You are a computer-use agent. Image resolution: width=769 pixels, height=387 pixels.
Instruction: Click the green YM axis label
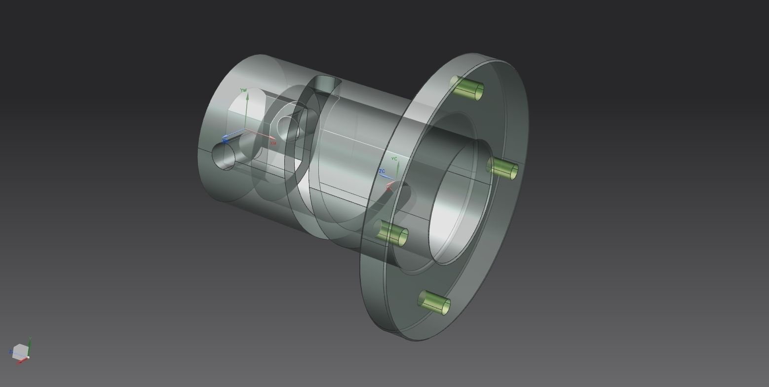tap(243, 90)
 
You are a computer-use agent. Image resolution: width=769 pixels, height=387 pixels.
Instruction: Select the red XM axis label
tap(273, 143)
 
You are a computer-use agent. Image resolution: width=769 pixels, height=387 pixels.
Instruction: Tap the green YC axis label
tap(394, 158)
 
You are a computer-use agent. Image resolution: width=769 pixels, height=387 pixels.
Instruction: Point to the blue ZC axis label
tap(382, 171)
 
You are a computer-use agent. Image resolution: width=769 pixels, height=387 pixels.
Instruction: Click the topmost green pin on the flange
tap(467, 88)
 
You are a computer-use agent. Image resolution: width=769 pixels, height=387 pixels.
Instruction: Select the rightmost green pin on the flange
tap(502, 169)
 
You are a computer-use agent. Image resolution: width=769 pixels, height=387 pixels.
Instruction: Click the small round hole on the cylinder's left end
tap(223, 155)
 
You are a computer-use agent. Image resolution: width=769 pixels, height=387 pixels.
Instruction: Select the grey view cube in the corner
tap(20, 351)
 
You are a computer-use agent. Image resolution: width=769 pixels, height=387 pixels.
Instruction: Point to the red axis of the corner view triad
tap(22, 361)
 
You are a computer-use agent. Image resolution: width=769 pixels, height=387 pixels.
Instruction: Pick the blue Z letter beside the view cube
tap(10, 352)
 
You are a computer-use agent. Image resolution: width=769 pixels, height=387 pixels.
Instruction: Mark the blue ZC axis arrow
tap(387, 177)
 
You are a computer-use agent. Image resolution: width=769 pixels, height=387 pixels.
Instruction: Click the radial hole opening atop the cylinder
tap(327, 81)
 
